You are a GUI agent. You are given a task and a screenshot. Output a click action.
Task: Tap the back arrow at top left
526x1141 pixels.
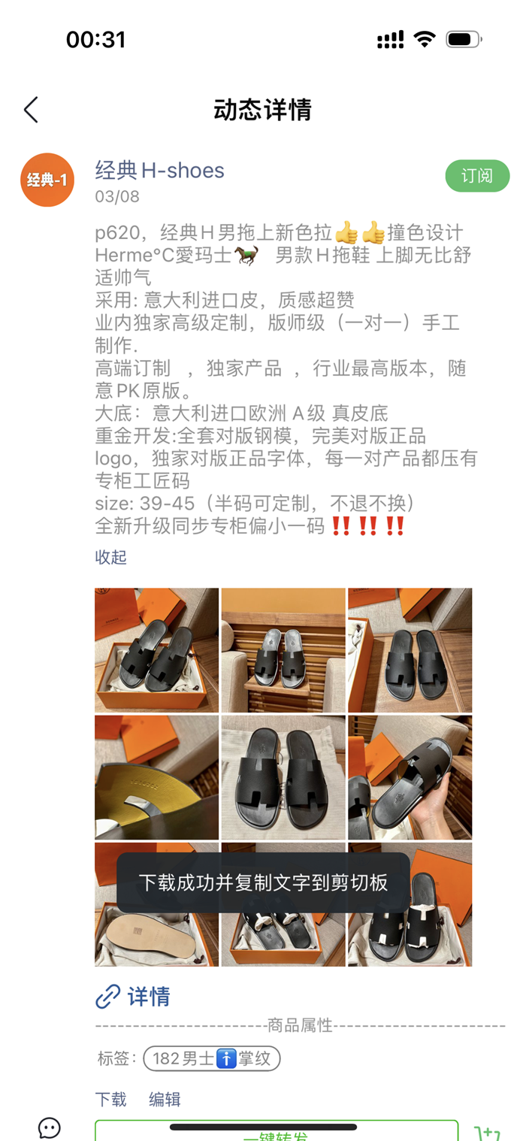tap(31, 110)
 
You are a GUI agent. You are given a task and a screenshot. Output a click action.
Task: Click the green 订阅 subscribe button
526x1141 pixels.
tap(477, 176)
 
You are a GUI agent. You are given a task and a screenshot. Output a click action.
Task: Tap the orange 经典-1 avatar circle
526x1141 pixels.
tap(47, 180)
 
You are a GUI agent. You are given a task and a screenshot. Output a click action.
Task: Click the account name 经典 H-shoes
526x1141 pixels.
tap(159, 170)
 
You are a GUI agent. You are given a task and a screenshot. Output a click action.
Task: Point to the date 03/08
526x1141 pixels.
tap(117, 197)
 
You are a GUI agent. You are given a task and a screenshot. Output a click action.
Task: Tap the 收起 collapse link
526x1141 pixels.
tap(110, 557)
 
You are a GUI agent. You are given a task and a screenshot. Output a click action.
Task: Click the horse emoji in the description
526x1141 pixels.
tap(246, 255)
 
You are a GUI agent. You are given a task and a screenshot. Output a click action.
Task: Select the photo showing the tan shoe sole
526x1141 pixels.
tap(156, 905)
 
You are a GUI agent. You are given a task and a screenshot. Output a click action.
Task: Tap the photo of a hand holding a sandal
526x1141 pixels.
tap(410, 777)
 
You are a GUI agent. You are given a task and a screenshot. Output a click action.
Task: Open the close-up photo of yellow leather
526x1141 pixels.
tap(156, 777)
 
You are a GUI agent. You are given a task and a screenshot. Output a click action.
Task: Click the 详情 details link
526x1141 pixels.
tap(148, 997)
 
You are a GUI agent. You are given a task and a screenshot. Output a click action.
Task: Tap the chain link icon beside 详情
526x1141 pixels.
tap(108, 997)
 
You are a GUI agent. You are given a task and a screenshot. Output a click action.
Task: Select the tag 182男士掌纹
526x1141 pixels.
tap(212, 1058)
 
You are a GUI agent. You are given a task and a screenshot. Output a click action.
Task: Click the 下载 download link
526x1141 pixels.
tap(110, 1099)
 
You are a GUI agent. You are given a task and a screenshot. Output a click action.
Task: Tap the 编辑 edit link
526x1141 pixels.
tap(165, 1099)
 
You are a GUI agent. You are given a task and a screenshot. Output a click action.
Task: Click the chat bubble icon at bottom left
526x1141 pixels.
tap(50, 1127)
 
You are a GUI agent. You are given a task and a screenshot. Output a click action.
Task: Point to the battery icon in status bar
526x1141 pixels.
tap(464, 39)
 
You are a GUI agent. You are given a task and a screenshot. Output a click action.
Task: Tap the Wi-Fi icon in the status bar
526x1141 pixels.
tap(425, 39)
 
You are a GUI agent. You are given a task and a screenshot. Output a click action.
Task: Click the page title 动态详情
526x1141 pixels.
tap(263, 110)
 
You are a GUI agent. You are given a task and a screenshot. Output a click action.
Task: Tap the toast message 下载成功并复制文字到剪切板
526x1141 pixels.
tap(263, 882)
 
